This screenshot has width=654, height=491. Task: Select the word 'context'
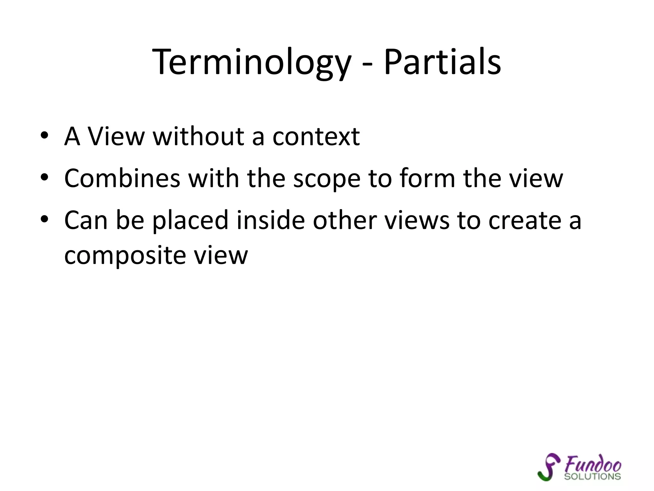click(316, 136)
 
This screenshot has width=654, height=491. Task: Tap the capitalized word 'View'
click(116, 136)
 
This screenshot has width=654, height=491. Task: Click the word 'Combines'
click(122, 178)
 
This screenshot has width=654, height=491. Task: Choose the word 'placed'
click(190, 221)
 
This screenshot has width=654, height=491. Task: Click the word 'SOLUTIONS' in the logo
click(592, 476)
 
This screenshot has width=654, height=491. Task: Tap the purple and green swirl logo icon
click(549, 467)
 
